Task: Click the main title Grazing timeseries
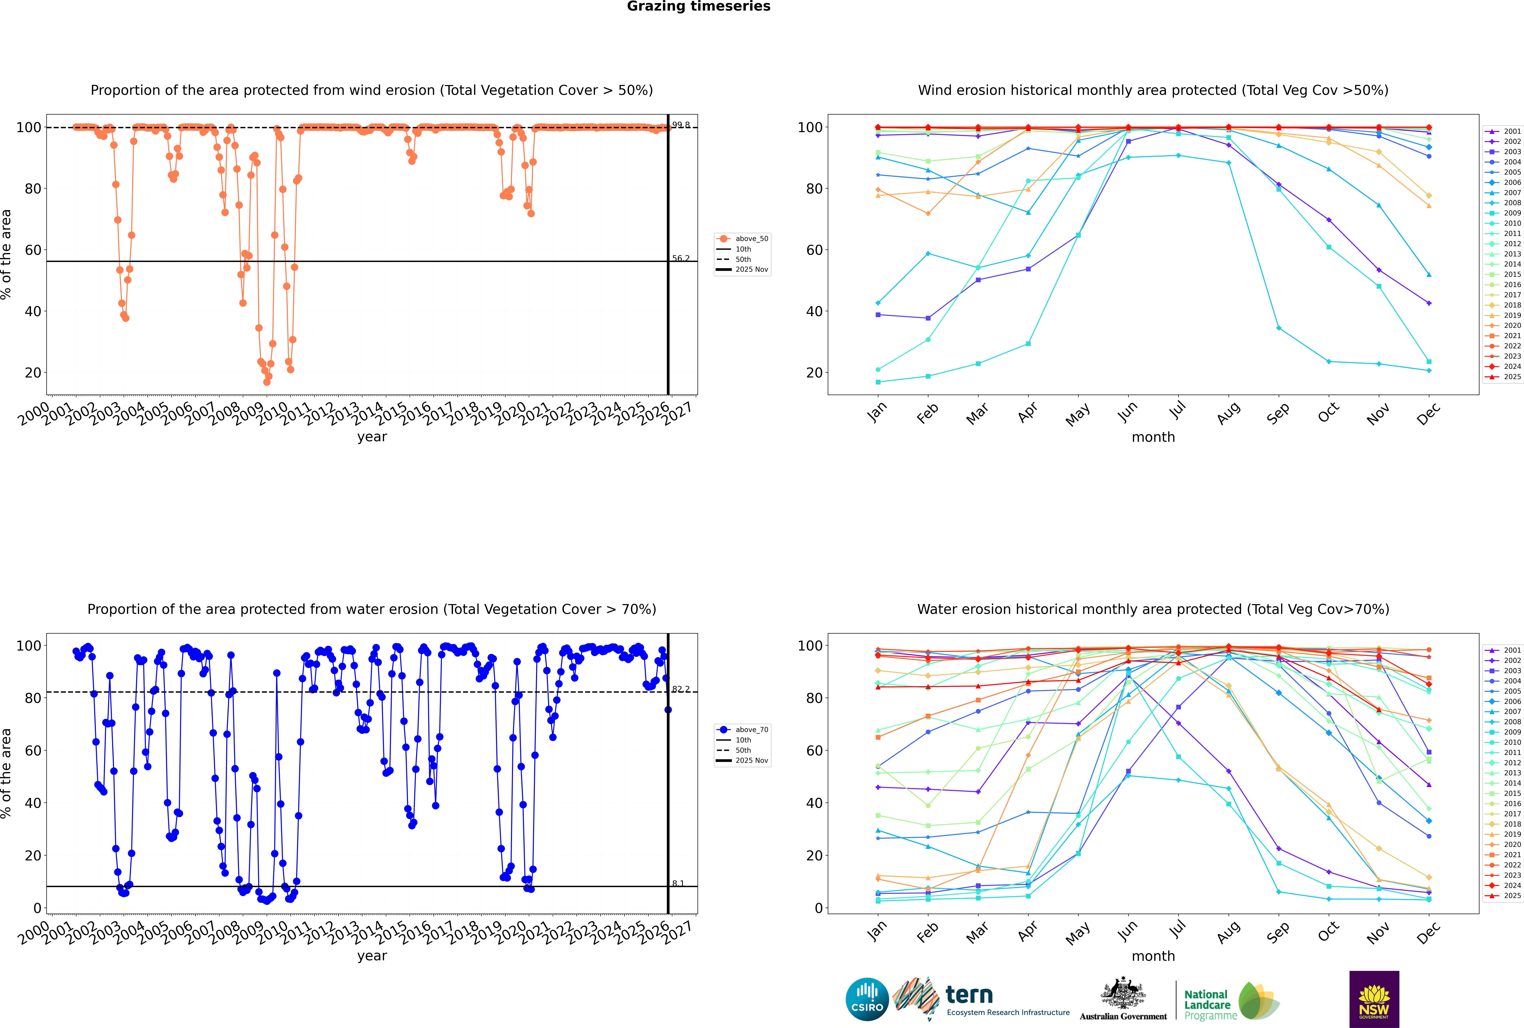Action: coord(699,7)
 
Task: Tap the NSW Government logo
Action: coord(1374,999)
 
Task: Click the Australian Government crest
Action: coord(1123,995)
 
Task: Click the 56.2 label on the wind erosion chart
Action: coord(681,258)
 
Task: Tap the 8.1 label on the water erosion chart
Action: coord(678,883)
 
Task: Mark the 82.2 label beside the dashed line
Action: coord(681,689)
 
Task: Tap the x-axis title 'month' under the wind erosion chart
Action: coord(1153,437)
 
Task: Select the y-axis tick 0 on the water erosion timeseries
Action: coord(37,908)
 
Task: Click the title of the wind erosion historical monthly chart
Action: coord(1153,90)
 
